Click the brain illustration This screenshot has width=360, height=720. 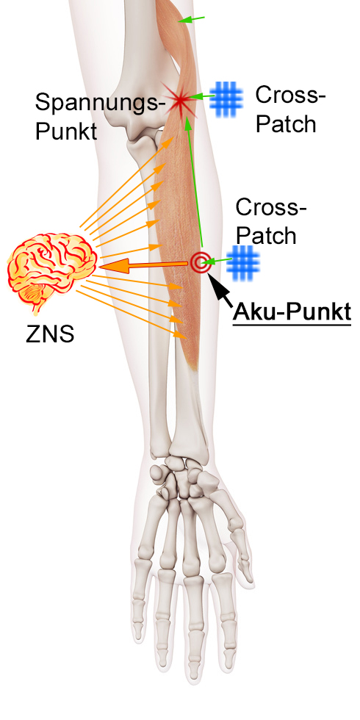(x=51, y=271)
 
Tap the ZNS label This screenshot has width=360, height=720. (x=50, y=335)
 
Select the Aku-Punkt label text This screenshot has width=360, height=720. (x=292, y=312)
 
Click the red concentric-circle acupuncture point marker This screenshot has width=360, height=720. (x=199, y=262)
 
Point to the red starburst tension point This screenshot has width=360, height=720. (x=181, y=99)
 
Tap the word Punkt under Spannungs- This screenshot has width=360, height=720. (x=66, y=132)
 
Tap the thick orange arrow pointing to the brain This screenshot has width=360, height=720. (x=143, y=266)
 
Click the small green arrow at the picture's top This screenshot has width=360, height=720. (x=192, y=19)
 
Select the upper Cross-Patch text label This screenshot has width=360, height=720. (x=290, y=109)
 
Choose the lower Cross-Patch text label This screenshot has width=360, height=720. (x=271, y=223)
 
